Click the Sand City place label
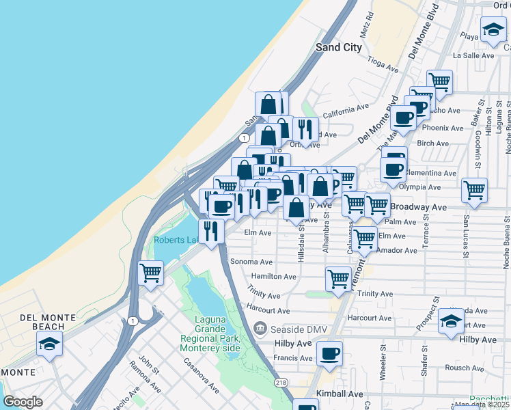pyautogui.click(x=338, y=47)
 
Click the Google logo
pyautogui.click(x=23, y=402)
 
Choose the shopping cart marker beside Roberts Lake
pyautogui.click(x=150, y=273)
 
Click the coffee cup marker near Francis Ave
pyautogui.click(x=329, y=353)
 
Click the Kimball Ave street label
pyautogui.click(x=340, y=395)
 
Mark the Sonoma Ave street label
pyautogui.click(x=252, y=262)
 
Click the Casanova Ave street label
pyautogui.click(x=200, y=375)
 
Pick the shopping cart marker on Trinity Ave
pyautogui.click(x=338, y=279)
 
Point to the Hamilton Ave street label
pyautogui.click(x=273, y=277)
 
